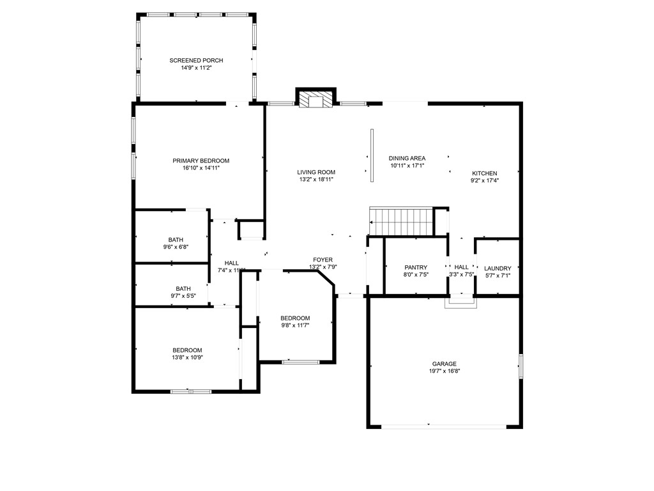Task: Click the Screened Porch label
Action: point(196,60)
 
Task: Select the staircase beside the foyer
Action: point(401,221)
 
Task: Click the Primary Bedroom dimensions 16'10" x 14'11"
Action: point(201,168)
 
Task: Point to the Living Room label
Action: point(316,172)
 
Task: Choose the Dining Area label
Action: point(407,158)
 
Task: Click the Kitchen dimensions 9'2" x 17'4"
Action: point(484,180)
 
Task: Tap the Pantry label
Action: point(416,267)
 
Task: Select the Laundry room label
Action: point(498,268)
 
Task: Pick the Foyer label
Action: point(323,260)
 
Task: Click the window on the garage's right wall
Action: point(521,366)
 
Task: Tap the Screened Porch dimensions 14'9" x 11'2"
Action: point(196,67)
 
